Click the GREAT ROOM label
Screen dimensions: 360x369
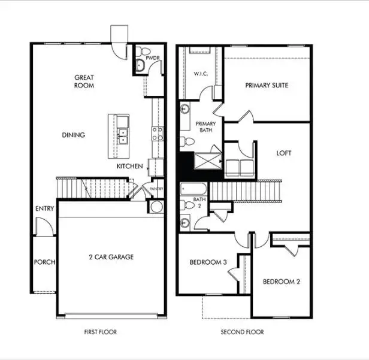[84, 81]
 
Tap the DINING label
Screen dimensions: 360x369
[73, 135]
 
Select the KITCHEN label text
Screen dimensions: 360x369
[129, 166]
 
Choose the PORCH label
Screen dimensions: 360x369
[44, 262]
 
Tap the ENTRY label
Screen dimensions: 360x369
[44, 208]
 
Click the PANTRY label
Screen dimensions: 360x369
[156, 188]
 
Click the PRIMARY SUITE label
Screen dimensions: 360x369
[267, 85]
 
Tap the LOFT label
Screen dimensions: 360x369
[283, 153]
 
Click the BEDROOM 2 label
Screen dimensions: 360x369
[280, 282]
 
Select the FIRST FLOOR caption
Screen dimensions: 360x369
[100, 332]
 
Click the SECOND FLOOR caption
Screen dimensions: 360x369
[242, 332]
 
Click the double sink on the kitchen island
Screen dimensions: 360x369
[123, 137]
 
